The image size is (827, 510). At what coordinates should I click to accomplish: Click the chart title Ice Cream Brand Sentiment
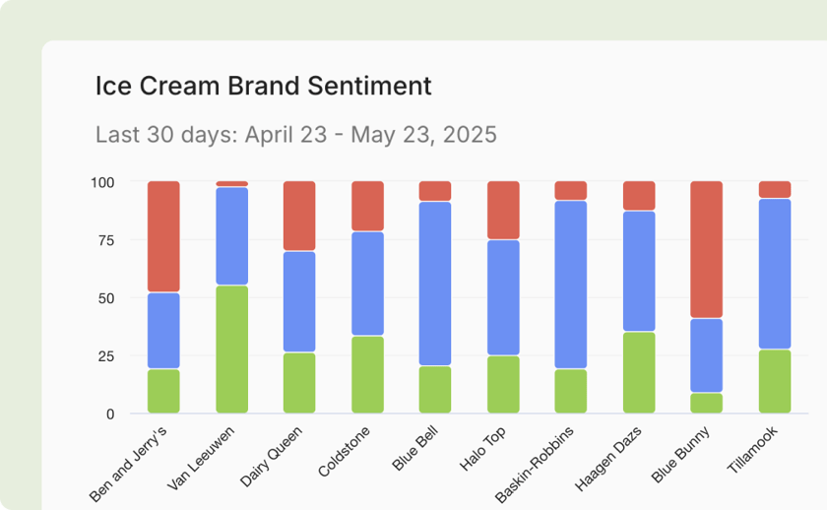(x=263, y=86)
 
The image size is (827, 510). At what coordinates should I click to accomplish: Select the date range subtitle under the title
(x=295, y=134)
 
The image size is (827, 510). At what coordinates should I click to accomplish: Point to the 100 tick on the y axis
(x=103, y=182)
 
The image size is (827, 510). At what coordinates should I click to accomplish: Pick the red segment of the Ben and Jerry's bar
(x=163, y=236)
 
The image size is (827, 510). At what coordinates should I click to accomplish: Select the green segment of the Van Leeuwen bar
(x=231, y=349)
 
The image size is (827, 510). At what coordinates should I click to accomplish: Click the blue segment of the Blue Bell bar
(x=435, y=284)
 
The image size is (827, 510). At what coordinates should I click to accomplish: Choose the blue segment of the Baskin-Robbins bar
(x=571, y=285)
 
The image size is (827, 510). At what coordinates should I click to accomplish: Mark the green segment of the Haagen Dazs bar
(x=639, y=372)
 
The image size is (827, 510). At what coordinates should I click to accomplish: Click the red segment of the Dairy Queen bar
(x=299, y=216)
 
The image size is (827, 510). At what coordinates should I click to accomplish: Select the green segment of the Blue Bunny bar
(x=707, y=403)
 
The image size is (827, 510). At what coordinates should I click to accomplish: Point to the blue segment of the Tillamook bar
(x=775, y=274)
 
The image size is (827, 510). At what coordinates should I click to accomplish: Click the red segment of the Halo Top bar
(x=503, y=210)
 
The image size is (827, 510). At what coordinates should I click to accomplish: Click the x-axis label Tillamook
(x=751, y=452)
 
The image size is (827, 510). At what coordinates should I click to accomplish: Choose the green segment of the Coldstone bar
(x=367, y=374)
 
